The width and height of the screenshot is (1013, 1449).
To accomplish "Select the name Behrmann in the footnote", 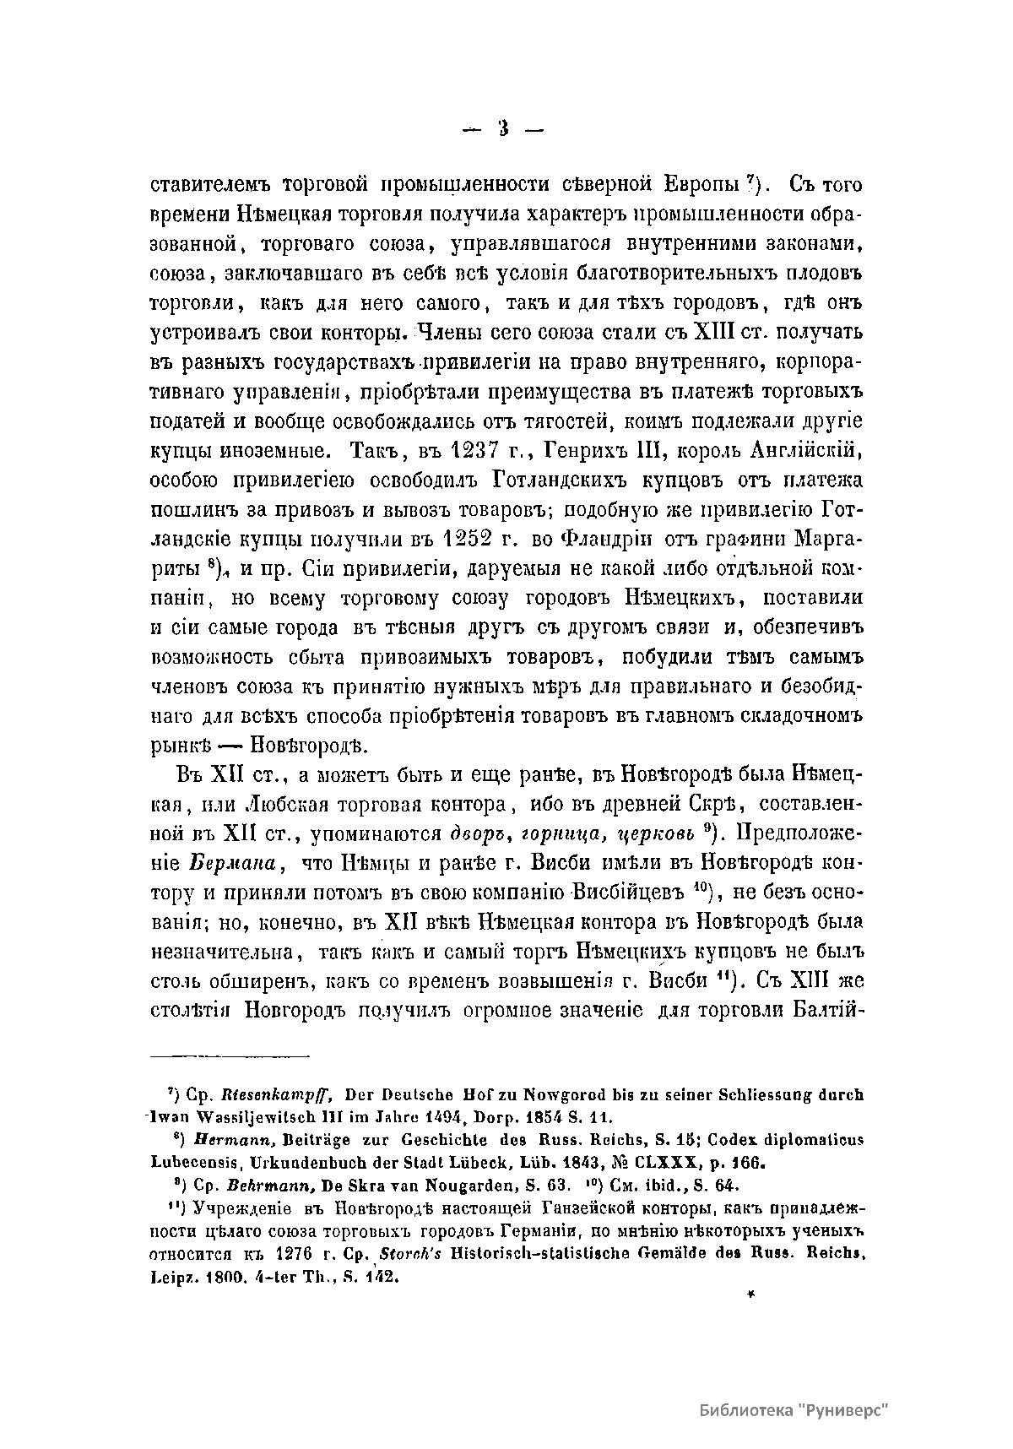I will click(252, 1183).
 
